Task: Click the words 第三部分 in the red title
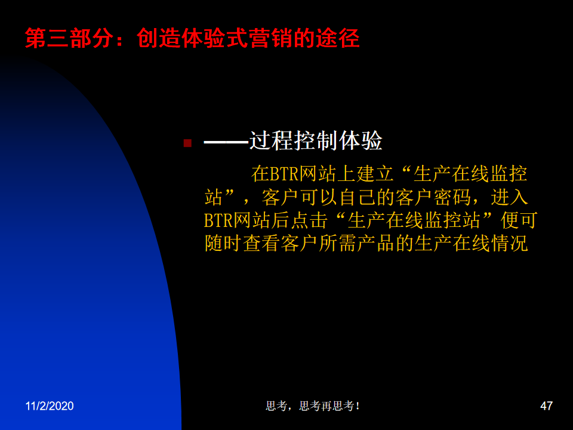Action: pyautogui.click(x=69, y=38)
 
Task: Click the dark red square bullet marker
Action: pyautogui.click(x=187, y=143)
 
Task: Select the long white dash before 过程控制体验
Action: pyautogui.click(x=226, y=142)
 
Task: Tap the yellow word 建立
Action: pyautogui.click(x=375, y=174)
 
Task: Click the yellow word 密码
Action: pyautogui.click(x=452, y=197)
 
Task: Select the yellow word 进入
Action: pyautogui.click(x=509, y=197)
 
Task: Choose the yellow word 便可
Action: pyautogui.click(x=519, y=220)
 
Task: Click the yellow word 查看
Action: pyautogui.click(x=261, y=244)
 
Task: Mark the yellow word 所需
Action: pyautogui.click(x=337, y=244)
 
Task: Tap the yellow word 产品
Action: pyautogui.click(x=375, y=244)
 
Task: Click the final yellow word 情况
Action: pyautogui.click(x=509, y=244)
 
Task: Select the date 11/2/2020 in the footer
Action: pyautogui.click(x=50, y=406)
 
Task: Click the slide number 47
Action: pyautogui.click(x=546, y=406)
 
